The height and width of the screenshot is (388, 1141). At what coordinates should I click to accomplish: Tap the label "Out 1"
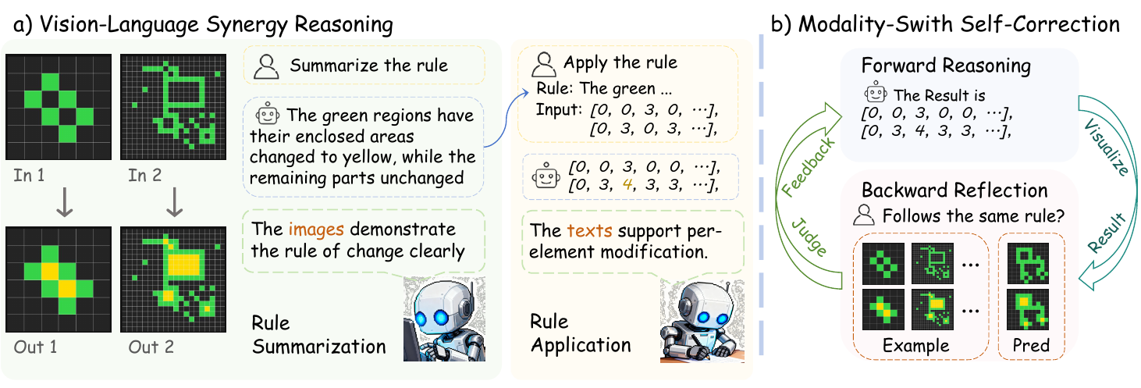click(x=35, y=347)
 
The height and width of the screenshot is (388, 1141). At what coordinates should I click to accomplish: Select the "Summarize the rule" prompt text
click(x=368, y=65)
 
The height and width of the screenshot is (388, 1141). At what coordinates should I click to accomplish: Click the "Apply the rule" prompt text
click(x=620, y=62)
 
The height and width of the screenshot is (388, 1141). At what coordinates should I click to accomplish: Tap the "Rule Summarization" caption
click(x=318, y=334)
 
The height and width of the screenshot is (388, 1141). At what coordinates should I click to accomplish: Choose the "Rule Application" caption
click(x=581, y=333)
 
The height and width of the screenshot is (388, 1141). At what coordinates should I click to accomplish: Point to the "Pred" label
click(x=1032, y=345)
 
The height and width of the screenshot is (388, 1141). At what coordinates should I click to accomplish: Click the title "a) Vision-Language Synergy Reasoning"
click(x=202, y=24)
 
